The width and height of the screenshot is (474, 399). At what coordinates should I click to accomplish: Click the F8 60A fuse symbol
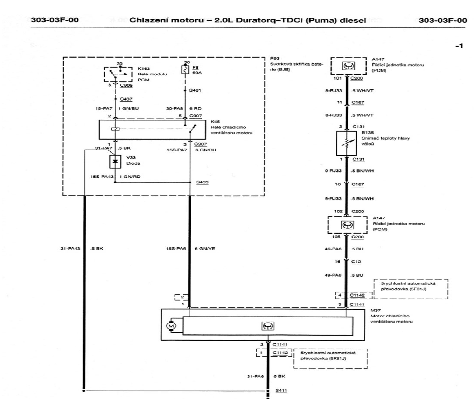pyautogui.click(x=184, y=70)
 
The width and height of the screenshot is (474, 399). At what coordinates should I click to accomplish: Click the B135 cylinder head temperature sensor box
pyautogui.click(x=346, y=143)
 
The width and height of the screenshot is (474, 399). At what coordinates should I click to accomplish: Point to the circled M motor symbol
pyautogui.click(x=171, y=326)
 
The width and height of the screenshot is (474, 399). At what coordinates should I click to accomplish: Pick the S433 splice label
pyautogui.click(x=202, y=182)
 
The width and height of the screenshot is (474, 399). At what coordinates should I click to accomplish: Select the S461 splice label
pyautogui.click(x=195, y=90)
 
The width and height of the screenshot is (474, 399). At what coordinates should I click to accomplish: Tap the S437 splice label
pyautogui.click(x=126, y=99)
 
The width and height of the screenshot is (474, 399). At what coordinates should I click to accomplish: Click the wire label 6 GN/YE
pyautogui.click(x=205, y=249)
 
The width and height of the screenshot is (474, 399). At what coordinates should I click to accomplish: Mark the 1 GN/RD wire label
pyautogui.click(x=130, y=176)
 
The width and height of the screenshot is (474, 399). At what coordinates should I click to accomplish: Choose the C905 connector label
pyautogui.click(x=126, y=85)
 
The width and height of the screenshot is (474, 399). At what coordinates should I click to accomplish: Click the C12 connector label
pyautogui.click(x=356, y=262)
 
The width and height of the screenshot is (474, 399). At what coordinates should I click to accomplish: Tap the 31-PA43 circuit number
pyautogui.click(x=70, y=249)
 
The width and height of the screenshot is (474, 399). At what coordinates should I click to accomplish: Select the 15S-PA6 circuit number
pyautogui.click(x=176, y=249)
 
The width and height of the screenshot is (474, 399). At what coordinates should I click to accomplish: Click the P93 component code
pyautogui.click(x=275, y=59)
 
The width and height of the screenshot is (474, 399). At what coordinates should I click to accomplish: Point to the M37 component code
pyautogui.click(x=376, y=310)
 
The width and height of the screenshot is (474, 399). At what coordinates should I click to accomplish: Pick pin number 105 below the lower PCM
pyautogui.click(x=336, y=237)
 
